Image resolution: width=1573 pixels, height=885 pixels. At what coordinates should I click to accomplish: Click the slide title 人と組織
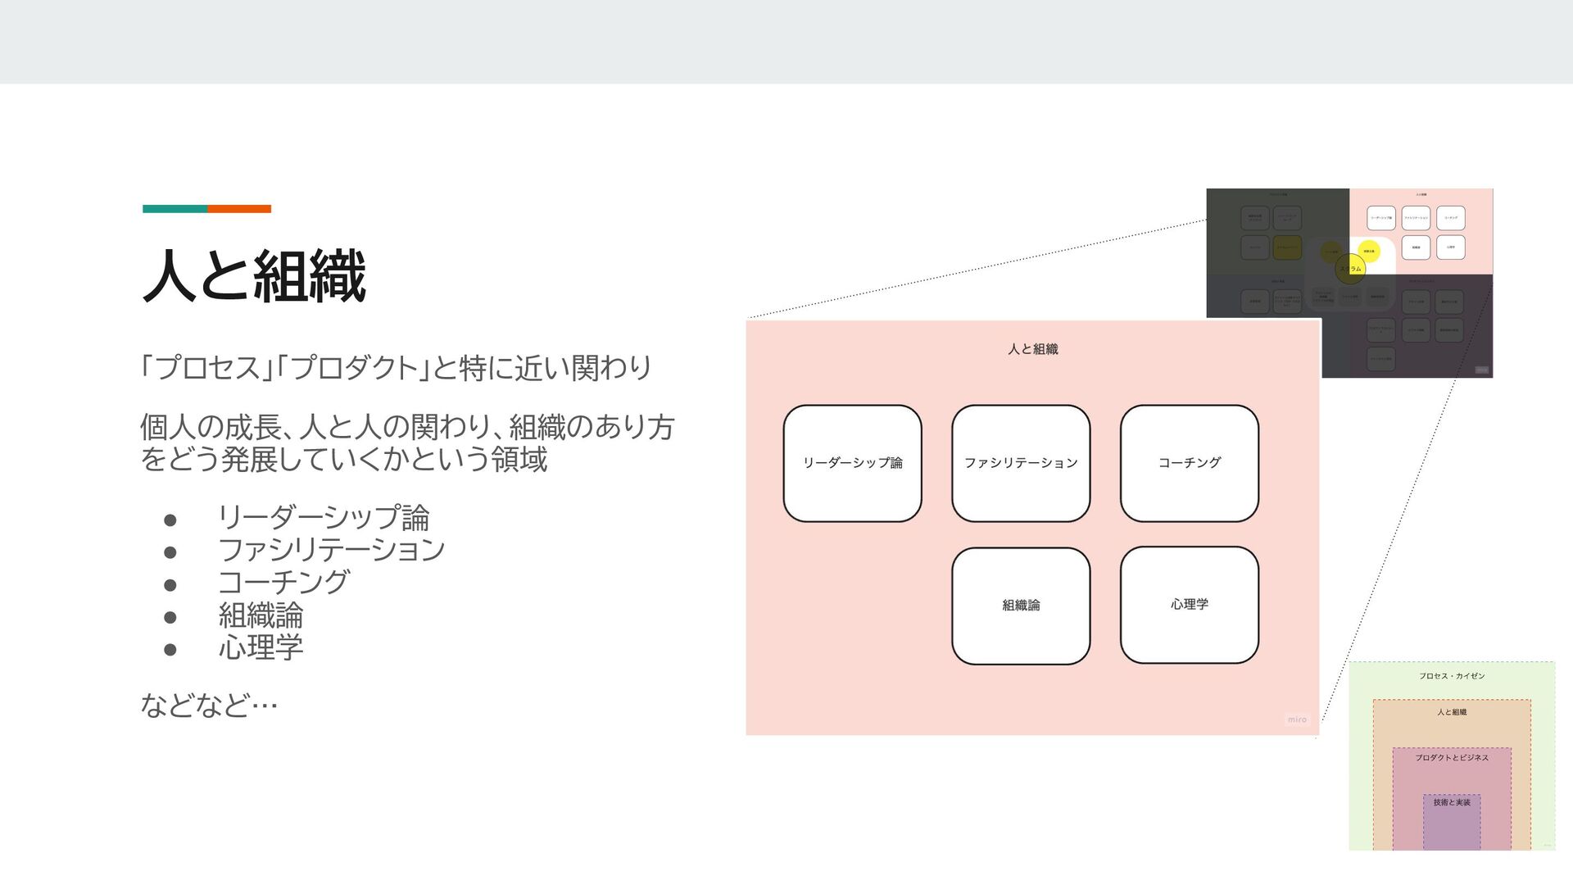tap(254, 277)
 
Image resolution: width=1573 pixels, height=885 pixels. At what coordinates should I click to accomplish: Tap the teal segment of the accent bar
tap(175, 209)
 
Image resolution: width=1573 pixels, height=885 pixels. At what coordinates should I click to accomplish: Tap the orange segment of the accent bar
tap(239, 209)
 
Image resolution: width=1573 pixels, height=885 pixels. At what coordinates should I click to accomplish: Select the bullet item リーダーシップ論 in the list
tap(324, 518)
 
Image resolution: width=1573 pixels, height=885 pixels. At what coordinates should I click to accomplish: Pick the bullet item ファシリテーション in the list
tap(331, 550)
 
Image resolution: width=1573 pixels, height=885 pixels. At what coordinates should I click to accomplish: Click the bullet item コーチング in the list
tap(283, 583)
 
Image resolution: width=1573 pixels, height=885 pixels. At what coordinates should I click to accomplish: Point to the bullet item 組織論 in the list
tap(261, 615)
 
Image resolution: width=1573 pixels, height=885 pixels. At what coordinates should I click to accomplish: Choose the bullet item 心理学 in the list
tap(261, 648)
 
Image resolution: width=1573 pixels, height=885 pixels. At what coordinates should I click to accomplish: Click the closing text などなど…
tap(209, 705)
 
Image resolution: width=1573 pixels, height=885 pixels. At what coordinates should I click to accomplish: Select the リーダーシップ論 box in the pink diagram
tap(852, 463)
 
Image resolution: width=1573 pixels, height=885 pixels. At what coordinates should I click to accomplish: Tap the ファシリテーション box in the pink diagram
tap(1021, 463)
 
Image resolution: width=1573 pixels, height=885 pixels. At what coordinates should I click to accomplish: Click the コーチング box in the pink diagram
tap(1189, 463)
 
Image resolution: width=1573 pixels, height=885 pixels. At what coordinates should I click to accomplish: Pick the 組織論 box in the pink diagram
tap(1021, 606)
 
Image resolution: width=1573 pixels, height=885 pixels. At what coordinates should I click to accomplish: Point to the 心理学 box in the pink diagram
tap(1189, 605)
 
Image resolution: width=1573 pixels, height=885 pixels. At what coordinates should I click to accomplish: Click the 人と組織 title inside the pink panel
tap(1032, 349)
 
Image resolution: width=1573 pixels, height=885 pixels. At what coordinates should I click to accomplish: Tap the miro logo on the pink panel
tap(1297, 719)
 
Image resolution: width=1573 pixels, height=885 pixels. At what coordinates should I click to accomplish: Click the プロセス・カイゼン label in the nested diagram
tap(1452, 676)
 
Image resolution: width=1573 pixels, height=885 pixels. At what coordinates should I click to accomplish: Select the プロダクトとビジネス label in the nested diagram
tap(1452, 758)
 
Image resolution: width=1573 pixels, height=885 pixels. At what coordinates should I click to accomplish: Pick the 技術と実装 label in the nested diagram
tap(1452, 802)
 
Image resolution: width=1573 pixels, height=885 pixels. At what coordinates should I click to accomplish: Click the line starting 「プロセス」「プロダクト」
tap(396, 368)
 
